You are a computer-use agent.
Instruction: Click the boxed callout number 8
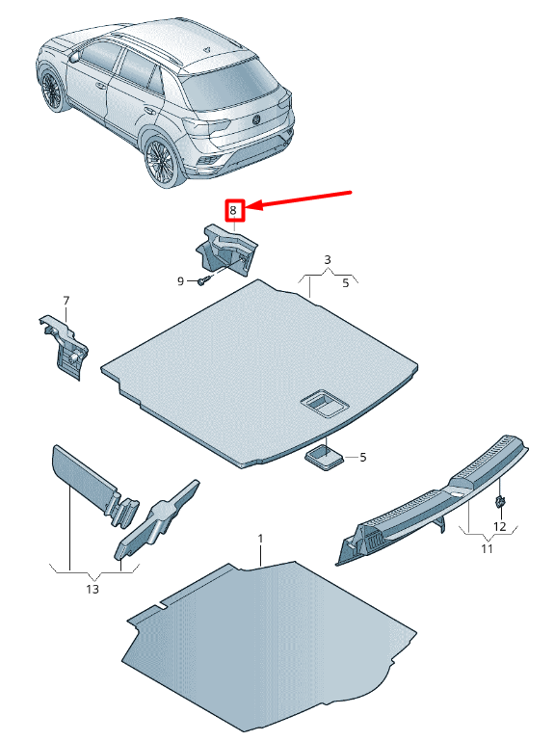[x=232, y=209]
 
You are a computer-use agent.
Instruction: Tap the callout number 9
[x=179, y=280]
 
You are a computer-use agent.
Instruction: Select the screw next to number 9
[x=203, y=280]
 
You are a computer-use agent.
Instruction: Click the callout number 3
[x=327, y=260]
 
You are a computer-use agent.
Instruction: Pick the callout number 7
[x=66, y=301]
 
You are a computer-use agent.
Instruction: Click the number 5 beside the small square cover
[x=362, y=457]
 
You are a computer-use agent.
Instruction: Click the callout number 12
[x=499, y=526]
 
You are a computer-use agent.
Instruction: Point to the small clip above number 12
[x=501, y=502]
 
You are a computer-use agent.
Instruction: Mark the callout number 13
[x=92, y=588]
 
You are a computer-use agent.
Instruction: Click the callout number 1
[x=259, y=536]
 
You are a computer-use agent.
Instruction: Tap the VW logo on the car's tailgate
[x=257, y=120]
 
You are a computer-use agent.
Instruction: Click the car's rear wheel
[x=159, y=160]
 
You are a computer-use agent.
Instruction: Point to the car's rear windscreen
[x=228, y=87]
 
